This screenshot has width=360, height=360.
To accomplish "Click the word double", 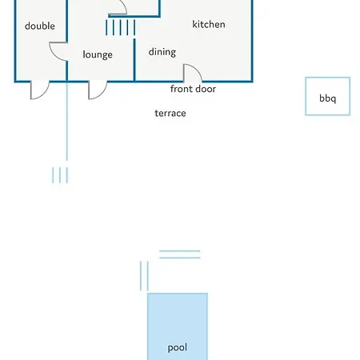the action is (x=40, y=26).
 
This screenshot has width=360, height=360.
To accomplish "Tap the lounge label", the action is (x=98, y=54).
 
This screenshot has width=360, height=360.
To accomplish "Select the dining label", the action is (x=162, y=52).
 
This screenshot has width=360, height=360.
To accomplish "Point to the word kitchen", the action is (x=209, y=24).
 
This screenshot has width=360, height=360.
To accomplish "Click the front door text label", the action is (x=193, y=89).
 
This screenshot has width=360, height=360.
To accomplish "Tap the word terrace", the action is (x=170, y=113).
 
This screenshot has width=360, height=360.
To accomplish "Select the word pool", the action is (x=178, y=347).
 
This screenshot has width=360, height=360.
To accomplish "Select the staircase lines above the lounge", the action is (x=120, y=27).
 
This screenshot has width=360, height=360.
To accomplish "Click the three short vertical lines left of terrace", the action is (x=60, y=175).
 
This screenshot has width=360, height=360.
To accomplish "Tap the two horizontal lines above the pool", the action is (x=179, y=254).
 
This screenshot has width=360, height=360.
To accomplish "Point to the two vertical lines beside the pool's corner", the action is (x=144, y=275).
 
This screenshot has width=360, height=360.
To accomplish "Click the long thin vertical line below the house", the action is (x=66, y=121).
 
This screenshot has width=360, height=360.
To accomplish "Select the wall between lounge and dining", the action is (x=134, y=60).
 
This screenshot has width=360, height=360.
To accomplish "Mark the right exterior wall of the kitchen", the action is (x=252, y=41).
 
